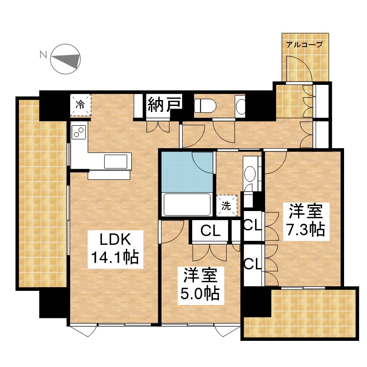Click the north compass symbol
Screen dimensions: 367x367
(x=66, y=59)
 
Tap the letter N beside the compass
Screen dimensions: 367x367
(x=43, y=55)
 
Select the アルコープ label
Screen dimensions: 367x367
(x=305, y=44)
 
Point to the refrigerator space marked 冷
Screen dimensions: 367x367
(x=81, y=105)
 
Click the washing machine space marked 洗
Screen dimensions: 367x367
(x=226, y=206)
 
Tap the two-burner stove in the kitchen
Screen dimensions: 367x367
(x=79, y=132)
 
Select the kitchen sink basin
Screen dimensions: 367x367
(x=116, y=161)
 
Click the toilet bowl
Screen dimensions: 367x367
(x=205, y=106)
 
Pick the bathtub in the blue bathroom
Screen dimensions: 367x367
(x=187, y=204)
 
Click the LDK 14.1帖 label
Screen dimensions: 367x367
(x=115, y=249)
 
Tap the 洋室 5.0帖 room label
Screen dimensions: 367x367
(x=200, y=285)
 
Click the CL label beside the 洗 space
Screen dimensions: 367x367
(x=211, y=231)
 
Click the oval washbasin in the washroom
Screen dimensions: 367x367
(x=250, y=174)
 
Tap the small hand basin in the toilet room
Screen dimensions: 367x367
(x=240, y=106)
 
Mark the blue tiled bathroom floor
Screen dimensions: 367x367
(x=186, y=172)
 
